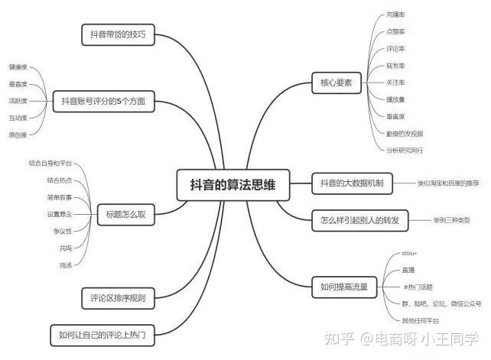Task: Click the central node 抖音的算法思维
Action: click(x=228, y=183)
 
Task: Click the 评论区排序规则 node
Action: click(x=119, y=297)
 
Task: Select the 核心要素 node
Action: click(x=337, y=83)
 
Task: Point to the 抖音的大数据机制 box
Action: click(x=353, y=183)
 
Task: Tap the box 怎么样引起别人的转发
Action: click(x=360, y=220)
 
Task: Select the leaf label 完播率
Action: click(x=395, y=15)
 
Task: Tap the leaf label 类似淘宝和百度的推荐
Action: click(x=448, y=183)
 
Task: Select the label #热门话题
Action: click(x=418, y=287)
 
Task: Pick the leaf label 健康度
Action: click(x=18, y=67)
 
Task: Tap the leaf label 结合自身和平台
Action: click(x=50, y=164)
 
